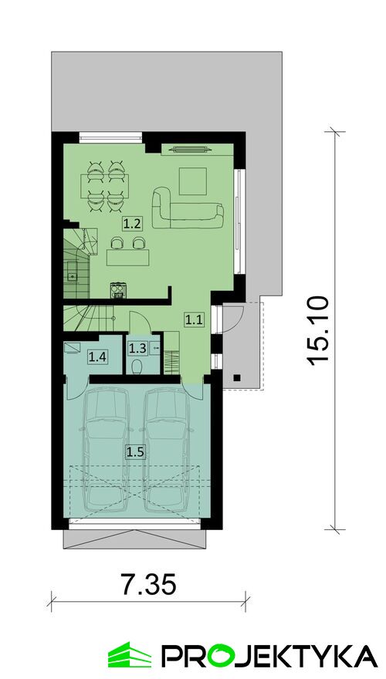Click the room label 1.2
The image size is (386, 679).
pos(131,224)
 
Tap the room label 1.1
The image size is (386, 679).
pos(193,319)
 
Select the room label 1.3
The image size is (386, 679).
pos(137,347)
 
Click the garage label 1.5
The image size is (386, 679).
pos(135,452)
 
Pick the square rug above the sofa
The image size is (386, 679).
pos(193,181)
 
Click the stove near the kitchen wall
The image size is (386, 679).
pos(118,290)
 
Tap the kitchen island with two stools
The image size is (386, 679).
pos(128,257)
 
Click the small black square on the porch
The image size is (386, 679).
pos(236,377)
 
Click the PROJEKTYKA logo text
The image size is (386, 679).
pos(269,655)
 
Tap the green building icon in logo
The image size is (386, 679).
pos(130,654)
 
